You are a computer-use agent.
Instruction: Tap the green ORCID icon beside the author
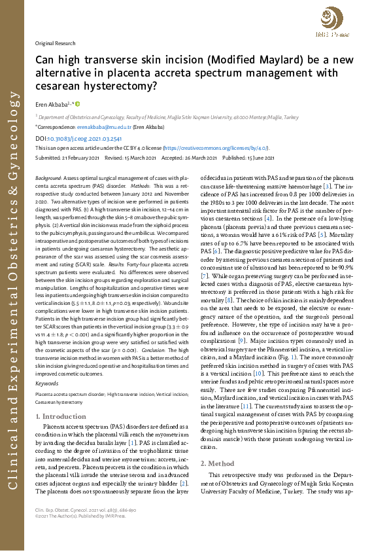[x=78, y=103]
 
